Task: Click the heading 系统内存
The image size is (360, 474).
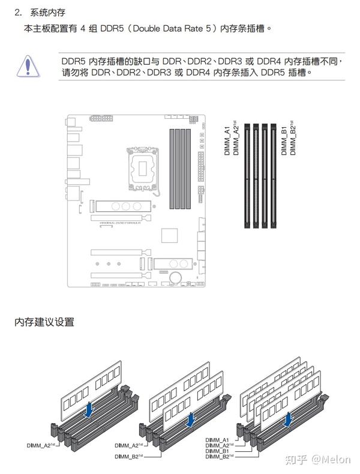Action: pyautogui.click(x=44, y=12)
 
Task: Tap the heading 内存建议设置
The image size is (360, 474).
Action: pyautogui.click(x=44, y=322)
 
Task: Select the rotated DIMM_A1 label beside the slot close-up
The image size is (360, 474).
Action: pyautogui.click(x=227, y=141)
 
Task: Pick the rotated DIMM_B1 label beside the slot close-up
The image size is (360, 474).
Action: pyautogui.click(x=284, y=141)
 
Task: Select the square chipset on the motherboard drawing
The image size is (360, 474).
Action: pyautogui.click(x=170, y=236)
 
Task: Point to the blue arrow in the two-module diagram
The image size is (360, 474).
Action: pyautogui.click(x=190, y=419)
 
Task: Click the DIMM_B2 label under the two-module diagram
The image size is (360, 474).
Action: pyautogui.click(x=129, y=457)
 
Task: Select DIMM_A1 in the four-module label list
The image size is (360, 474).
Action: pyautogui.click(x=217, y=440)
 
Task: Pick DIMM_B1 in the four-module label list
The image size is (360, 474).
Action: pyautogui.click(x=217, y=451)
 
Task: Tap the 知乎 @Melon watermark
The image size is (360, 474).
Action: pyautogui.click(x=317, y=460)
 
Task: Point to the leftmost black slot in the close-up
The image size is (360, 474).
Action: pyautogui.click(x=247, y=175)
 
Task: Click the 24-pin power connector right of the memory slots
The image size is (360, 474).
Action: pyautogui.click(x=200, y=161)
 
